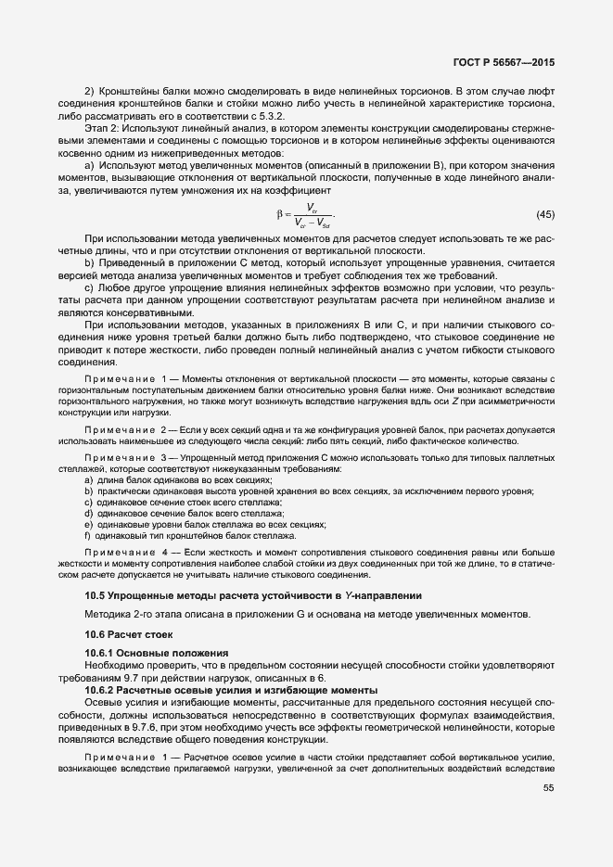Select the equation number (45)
545,215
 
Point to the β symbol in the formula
279,215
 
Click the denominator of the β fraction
311,223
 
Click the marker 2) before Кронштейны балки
89,91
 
